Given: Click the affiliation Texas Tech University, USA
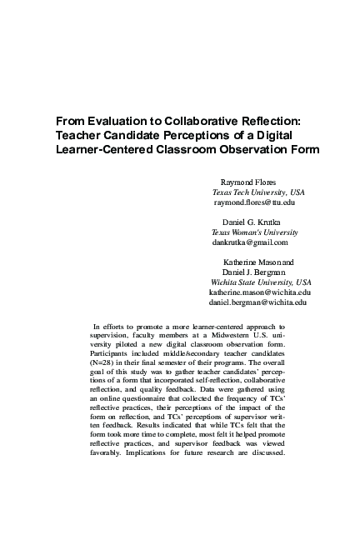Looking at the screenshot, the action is coord(258,192).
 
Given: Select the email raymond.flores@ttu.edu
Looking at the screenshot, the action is coord(254,202).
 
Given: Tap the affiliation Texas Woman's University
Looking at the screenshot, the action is coord(254,232).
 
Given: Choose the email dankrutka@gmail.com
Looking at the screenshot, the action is coord(250,242).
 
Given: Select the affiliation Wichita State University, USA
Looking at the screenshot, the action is coord(261,282).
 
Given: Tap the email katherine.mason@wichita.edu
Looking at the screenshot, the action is coord(259,292).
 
